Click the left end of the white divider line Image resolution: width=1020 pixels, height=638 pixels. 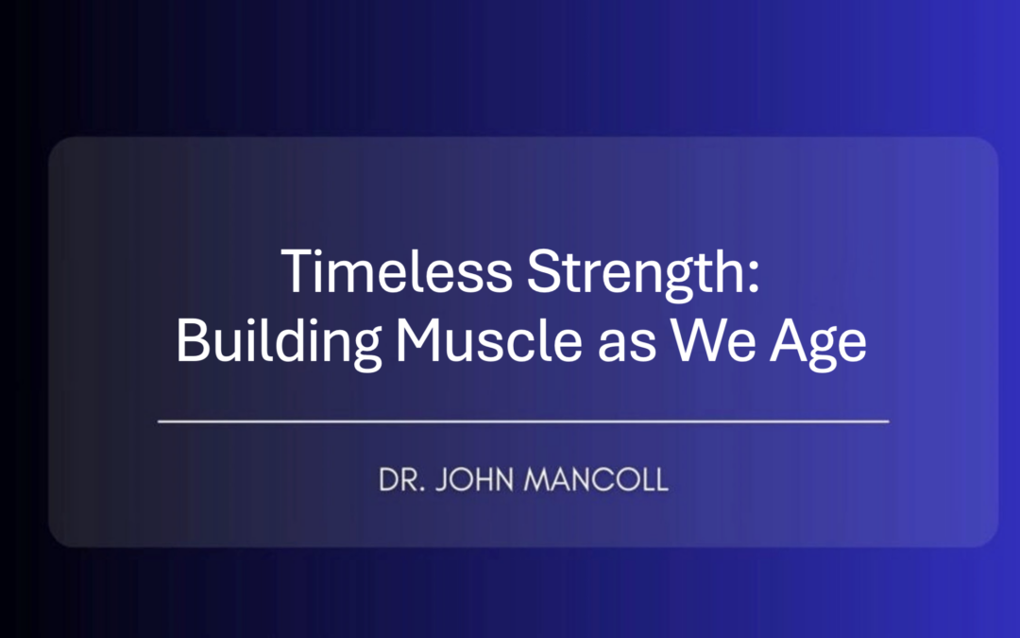coord(160,421)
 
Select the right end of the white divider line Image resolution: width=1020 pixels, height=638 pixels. coord(887,421)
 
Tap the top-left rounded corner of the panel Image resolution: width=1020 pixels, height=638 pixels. coord(57,146)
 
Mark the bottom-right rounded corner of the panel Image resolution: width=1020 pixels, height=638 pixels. coord(990,539)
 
